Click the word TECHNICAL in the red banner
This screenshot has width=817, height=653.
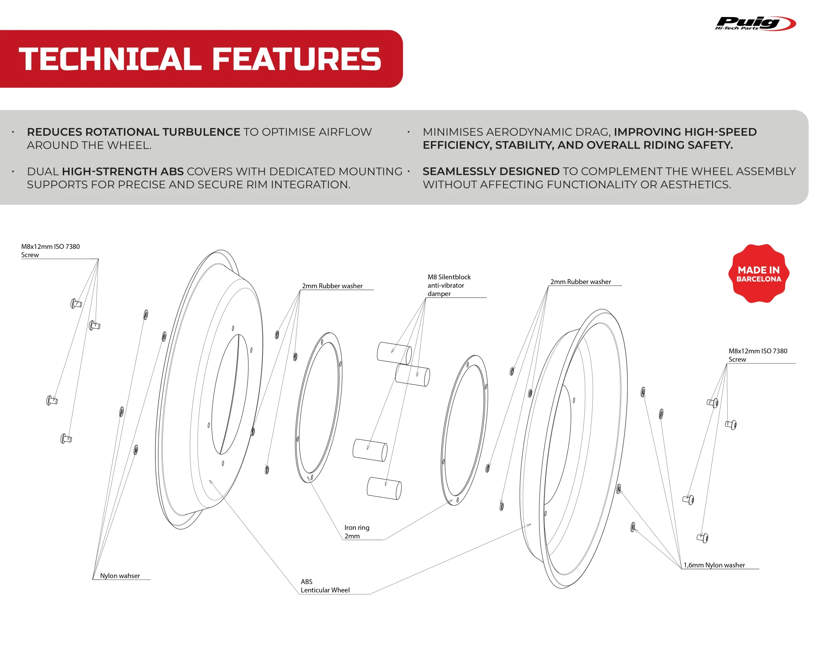click(x=110, y=59)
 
